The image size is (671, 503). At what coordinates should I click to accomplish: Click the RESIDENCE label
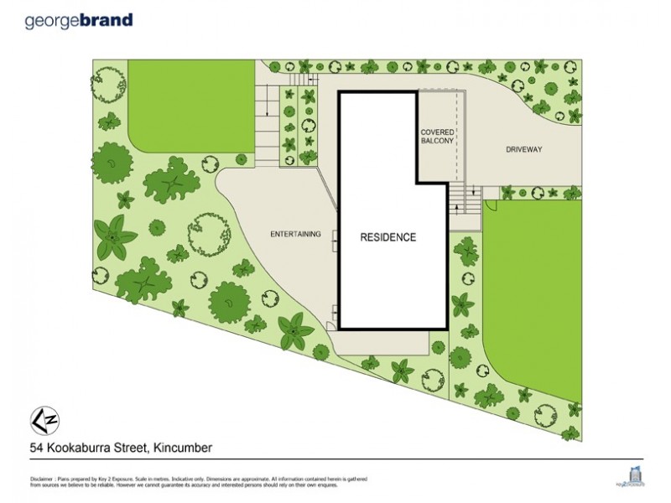coord(388,237)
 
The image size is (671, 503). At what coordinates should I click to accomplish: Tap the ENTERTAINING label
coord(295,234)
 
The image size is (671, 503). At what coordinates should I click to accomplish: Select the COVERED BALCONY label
coord(438,137)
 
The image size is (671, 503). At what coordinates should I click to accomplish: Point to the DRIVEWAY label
coord(525,150)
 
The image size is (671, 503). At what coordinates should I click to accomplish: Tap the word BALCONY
coord(438,142)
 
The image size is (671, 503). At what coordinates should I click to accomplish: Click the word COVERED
coord(438,132)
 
